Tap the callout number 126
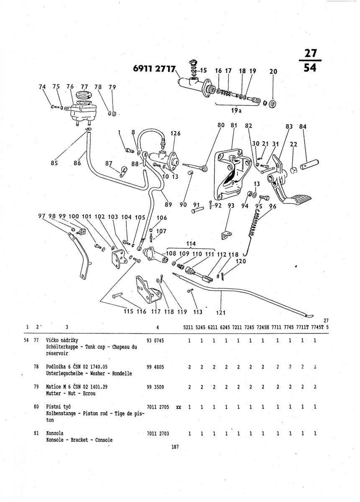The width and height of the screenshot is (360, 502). (x=176, y=133)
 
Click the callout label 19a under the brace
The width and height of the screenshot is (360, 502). (x=237, y=110)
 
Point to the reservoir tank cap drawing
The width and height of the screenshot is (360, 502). (x=84, y=95)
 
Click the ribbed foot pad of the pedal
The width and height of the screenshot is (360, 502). (x=298, y=200)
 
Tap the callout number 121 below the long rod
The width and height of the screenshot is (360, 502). (x=221, y=312)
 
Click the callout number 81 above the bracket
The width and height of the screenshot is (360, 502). (x=234, y=125)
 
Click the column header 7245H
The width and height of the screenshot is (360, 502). (x=263, y=327)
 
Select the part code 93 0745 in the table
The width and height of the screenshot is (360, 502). (x=155, y=341)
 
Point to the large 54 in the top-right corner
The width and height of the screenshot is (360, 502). (x=310, y=67)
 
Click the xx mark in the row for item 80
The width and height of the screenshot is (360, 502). (x=179, y=407)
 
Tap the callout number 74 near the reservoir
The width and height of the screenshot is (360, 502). (x=42, y=87)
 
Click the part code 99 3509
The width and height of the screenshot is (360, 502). (x=155, y=387)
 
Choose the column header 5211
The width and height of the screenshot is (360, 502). (x=188, y=327)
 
